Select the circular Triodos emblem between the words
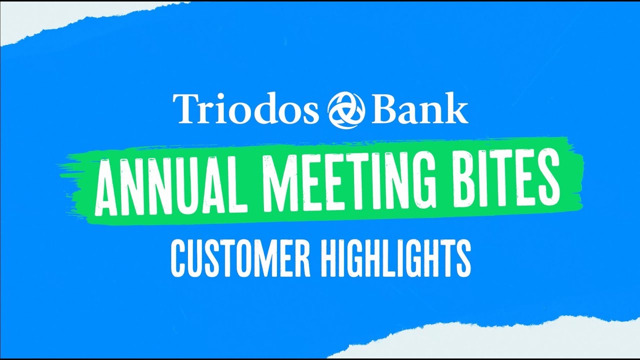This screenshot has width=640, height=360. pyautogui.click(x=346, y=109)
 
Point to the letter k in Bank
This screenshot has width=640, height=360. pyautogui.click(x=459, y=108)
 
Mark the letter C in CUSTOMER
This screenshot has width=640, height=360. pyautogui.click(x=179, y=258)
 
